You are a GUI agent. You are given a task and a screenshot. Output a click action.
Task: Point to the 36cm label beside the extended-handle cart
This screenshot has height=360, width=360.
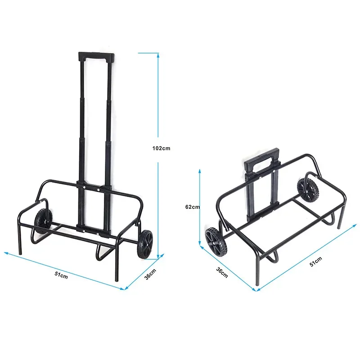tap(150, 274)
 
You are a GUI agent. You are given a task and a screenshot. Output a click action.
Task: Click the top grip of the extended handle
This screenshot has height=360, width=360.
tap(96, 57)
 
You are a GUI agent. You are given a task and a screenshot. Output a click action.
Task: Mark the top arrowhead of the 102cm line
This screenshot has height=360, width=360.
tap(157, 54)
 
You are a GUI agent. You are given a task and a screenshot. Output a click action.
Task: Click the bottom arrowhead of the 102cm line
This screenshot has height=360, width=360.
tap(157, 258)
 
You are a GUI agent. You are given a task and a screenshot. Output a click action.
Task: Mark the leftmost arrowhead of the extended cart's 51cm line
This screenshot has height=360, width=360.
tap(6, 253)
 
